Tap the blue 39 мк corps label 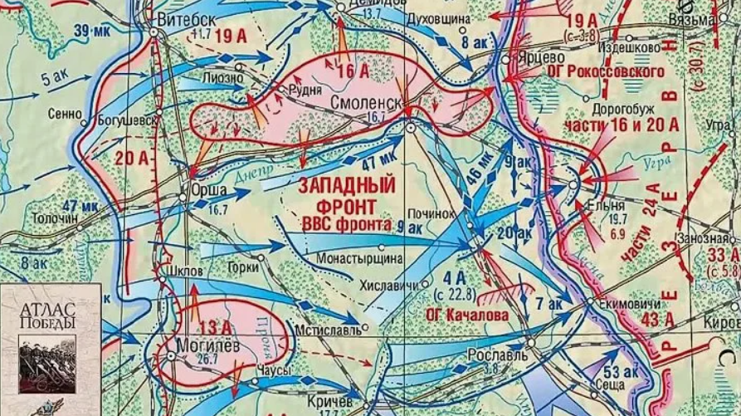(x=91, y=32)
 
